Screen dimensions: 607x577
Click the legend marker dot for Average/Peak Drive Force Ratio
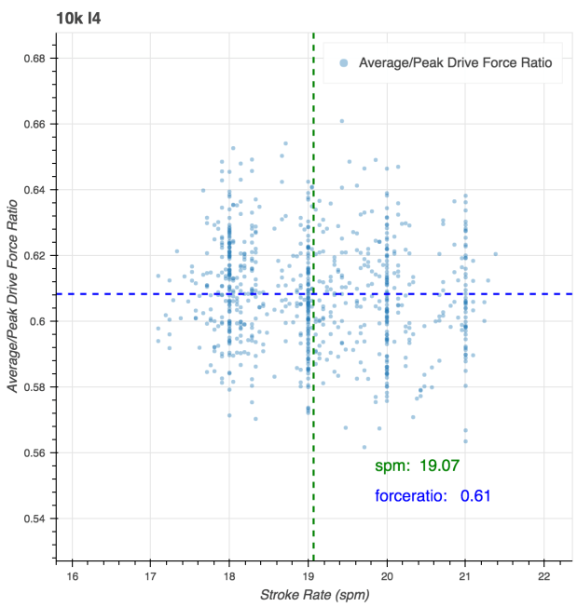click(x=344, y=63)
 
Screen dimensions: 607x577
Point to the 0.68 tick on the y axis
click(x=34, y=59)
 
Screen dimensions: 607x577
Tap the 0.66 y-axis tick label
click(x=34, y=124)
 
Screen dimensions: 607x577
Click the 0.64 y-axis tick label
click(x=34, y=190)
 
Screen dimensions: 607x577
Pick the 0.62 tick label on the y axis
click(x=34, y=255)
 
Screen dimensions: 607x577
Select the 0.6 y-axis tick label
click(x=37, y=321)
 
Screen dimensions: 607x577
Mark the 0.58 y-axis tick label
click(x=34, y=386)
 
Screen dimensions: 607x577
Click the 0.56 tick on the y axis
click(x=34, y=452)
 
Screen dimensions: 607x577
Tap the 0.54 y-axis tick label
click(x=34, y=518)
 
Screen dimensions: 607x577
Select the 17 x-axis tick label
click(x=150, y=576)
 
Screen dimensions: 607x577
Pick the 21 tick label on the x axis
click(x=465, y=576)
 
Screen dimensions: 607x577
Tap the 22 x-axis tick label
click(x=543, y=576)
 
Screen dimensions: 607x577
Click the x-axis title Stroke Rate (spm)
click(x=314, y=595)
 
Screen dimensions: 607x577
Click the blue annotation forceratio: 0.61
click(x=433, y=496)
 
